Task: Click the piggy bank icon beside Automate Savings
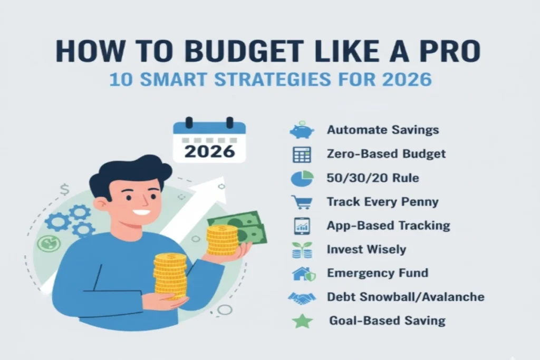pyautogui.click(x=302, y=130)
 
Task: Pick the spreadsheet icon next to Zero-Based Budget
pyautogui.click(x=302, y=154)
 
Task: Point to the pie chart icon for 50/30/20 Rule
pyautogui.click(x=302, y=178)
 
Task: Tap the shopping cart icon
pyautogui.click(x=302, y=202)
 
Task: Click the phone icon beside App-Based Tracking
pyautogui.click(x=302, y=226)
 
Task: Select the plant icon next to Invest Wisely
pyautogui.click(x=302, y=250)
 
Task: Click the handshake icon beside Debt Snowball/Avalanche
pyautogui.click(x=302, y=297)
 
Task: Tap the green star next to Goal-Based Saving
pyautogui.click(x=303, y=321)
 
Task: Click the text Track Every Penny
pyautogui.click(x=382, y=202)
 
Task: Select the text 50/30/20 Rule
pyautogui.click(x=373, y=178)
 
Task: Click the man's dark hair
pyautogui.click(x=129, y=171)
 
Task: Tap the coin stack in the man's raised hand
pyautogui.click(x=222, y=240)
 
